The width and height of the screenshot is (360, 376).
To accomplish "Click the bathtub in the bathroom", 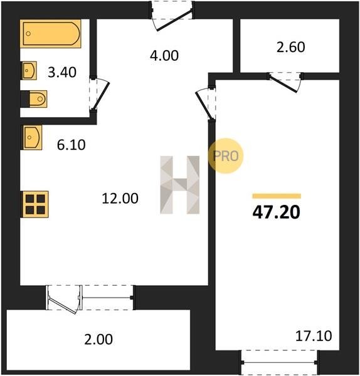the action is tap(50, 34).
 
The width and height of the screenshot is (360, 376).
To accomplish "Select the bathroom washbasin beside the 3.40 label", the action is tap(29, 70).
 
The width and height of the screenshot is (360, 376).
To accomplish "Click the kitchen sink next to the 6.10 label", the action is tap(32, 137).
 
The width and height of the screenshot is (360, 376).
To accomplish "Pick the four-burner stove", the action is tap(35, 204).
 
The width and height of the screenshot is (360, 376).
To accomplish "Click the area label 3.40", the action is tap(62, 72).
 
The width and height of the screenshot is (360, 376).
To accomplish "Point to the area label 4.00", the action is tap(164, 56).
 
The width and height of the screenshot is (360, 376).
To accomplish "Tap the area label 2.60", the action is tap(291, 47).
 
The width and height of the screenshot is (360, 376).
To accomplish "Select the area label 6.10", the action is tap(71, 145).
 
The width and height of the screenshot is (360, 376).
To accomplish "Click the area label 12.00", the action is tap(120, 199).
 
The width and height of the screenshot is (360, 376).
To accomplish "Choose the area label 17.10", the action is tap(314, 336).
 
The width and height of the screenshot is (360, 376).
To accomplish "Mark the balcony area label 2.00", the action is tap(98, 339).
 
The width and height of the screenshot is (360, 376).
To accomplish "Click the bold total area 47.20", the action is tap(276, 212).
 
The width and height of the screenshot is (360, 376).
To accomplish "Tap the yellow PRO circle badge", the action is tap(226, 156).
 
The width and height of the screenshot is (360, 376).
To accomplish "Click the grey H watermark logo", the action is tap(180, 185).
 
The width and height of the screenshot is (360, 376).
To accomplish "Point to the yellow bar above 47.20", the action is tap(277, 196).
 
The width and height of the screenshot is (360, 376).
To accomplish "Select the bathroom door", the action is tap(99, 93).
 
